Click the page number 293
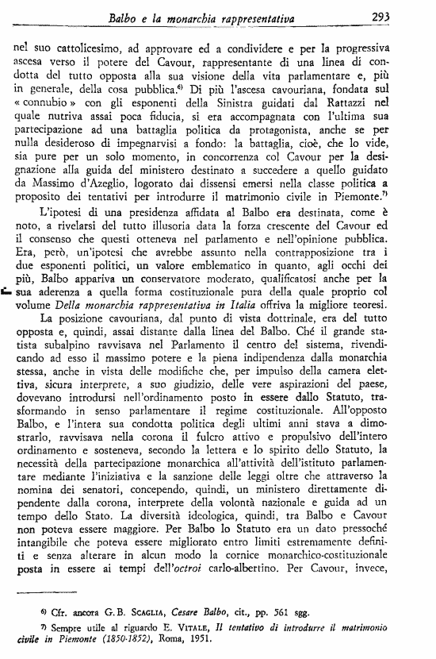tap(407, 14)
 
